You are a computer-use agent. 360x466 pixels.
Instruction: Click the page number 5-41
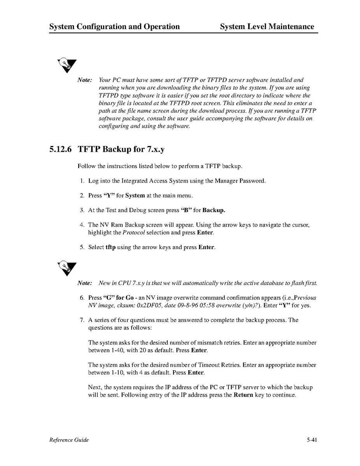[x=312, y=440]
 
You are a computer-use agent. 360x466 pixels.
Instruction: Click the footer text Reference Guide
[x=69, y=440]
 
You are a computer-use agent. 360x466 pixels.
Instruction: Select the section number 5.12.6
[x=60, y=149]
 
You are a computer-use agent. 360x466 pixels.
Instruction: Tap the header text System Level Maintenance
[x=267, y=26]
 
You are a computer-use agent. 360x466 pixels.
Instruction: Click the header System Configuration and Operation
[x=114, y=26]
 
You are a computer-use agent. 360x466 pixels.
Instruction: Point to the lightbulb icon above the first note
[x=67, y=65]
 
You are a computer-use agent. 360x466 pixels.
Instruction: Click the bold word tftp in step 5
[x=111, y=247]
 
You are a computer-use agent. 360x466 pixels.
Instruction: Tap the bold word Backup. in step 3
[x=214, y=210]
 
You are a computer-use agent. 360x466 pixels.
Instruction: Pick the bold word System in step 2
[x=135, y=195]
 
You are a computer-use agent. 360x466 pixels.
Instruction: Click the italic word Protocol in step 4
[x=134, y=232]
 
